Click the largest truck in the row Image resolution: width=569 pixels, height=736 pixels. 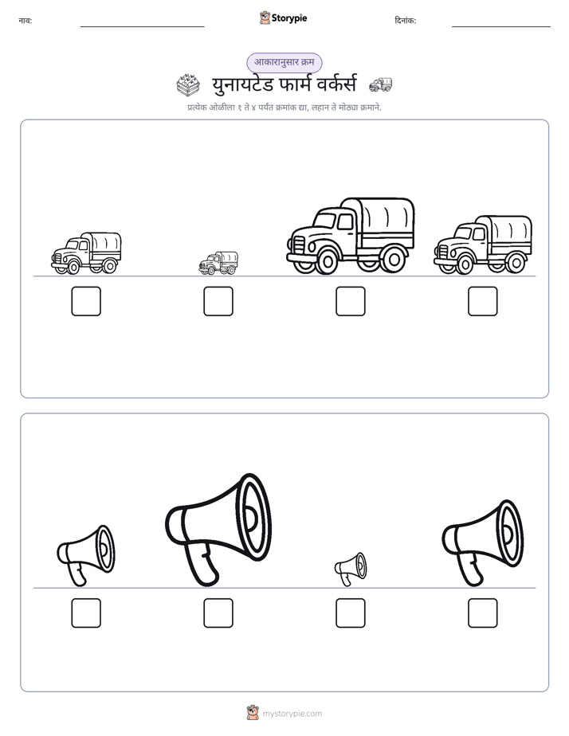(x=351, y=236)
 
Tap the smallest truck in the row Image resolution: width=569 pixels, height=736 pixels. (x=218, y=264)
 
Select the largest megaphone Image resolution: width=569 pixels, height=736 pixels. (x=218, y=530)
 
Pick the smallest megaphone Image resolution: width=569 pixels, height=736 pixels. (x=350, y=569)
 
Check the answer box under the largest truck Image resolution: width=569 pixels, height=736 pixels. (x=351, y=301)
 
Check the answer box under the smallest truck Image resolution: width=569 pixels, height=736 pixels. (x=218, y=301)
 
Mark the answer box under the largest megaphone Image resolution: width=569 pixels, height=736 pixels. (x=218, y=613)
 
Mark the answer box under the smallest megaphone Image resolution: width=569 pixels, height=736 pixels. (x=351, y=613)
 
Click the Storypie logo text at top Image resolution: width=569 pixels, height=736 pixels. (x=289, y=18)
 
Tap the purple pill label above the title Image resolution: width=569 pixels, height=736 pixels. (x=284, y=62)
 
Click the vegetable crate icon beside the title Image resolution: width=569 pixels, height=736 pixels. (x=188, y=85)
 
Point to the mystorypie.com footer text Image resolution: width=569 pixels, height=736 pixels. (x=292, y=714)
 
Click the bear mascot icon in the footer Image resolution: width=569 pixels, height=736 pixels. (x=253, y=713)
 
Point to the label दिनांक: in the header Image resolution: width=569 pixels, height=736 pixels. (x=406, y=21)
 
